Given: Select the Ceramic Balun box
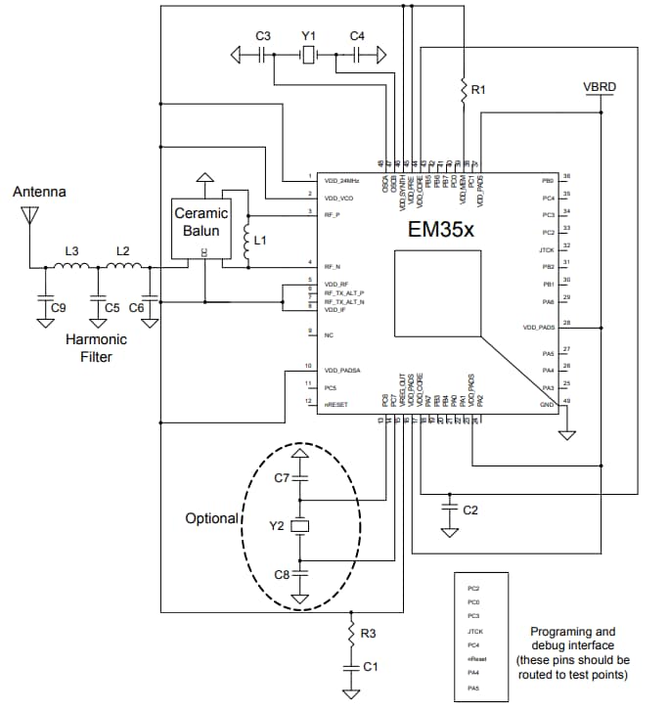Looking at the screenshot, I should (201, 223).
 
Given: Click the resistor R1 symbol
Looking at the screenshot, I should (464, 91).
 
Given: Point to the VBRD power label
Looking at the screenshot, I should (600, 87).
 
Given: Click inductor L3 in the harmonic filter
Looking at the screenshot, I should (74, 265).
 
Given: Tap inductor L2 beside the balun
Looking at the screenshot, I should (125, 265).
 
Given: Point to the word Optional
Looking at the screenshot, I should (211, 518).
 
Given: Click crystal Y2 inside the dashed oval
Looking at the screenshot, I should (301, 527).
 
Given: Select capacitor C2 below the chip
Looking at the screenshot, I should (449, 510).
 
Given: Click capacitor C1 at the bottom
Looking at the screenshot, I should (350, 669).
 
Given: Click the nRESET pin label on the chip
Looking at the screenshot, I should (334, 402).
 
